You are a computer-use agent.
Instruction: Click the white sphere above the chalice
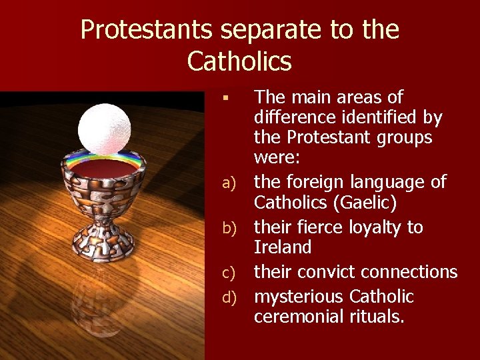tap(104, 127)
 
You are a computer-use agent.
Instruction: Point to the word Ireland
tap(283, 247)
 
